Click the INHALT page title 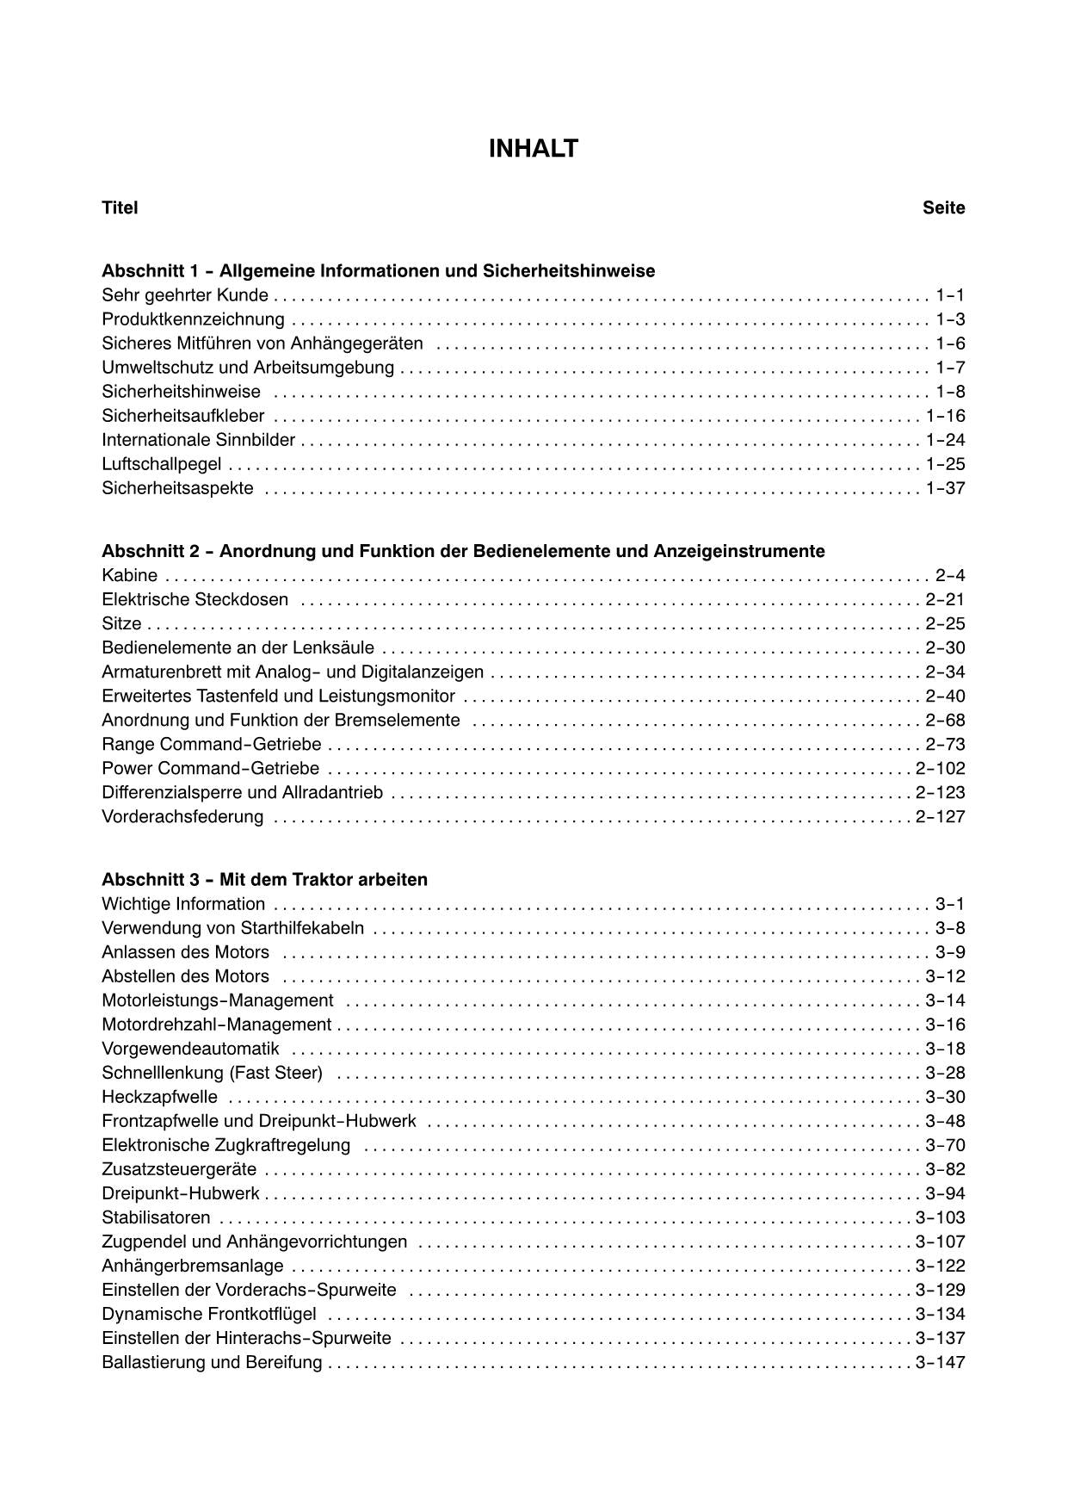pyautogui.click(x=533, y=149)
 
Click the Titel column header pyautogui.click(x=120, y=207)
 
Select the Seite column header pyautogui.click(x=943, y=207)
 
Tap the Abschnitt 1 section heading pyautogui.click(x=378, y=271)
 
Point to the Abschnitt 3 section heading pyautogui.click(x=264, y=880)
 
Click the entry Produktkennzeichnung pyautogui.click(x=193, y=319)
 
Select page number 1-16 pyautogui.click(x=945, y=416)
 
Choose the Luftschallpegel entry pyautogui.click(x=161, y=464)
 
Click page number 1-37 pyautogui.click(x=945, y=488)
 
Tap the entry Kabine pyautogui.click(x=129, y=575)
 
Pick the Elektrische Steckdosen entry pyautogui.click(x=194, y=599)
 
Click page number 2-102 pyautogui.click(x=940, y=768)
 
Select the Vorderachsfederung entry pyautogui.click(x=182, y=816)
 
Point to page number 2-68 pyautogui.click(x=945, y=720)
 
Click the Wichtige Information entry pyautogui.click(x=183, y=904)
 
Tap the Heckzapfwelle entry pyautogui.click(x=159, y=1097)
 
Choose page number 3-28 pyautogui.click(x=945, y=1073)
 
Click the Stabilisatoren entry pyautogui.click(x=156, y=1217)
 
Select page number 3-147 pyautogui.click(x=940, y=1362)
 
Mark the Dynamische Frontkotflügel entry pyautogui.click(x=208, y=1314)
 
